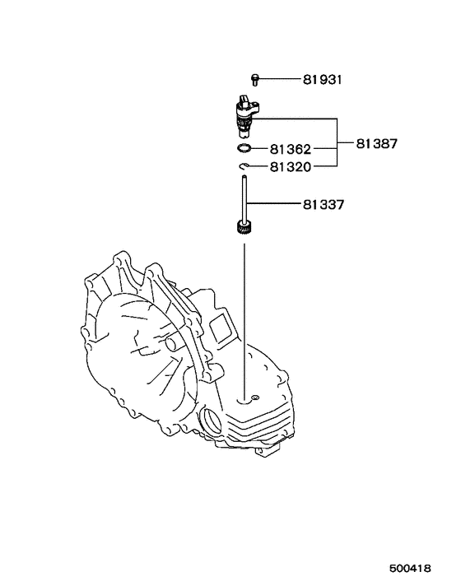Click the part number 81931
[321, 80]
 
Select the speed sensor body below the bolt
[244, 115]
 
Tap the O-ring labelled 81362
[244, 149]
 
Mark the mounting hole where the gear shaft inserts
[244, 401]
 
